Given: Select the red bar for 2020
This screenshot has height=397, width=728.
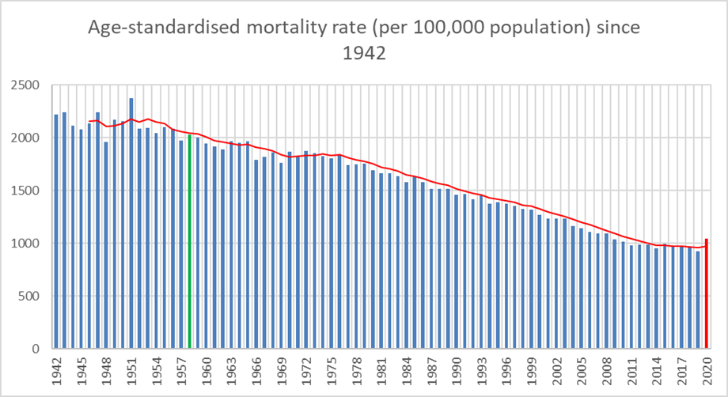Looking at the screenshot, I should click(707, 293).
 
